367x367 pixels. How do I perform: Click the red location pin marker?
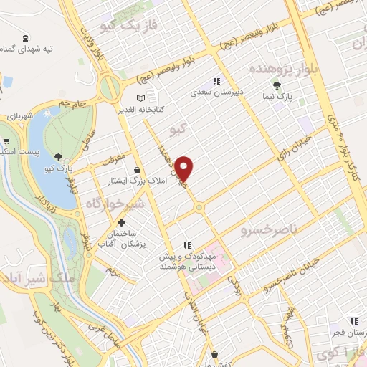[x=184, y=168]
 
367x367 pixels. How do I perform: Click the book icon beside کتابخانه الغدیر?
[x=141, y=97]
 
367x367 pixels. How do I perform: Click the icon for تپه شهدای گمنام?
[x=26, y=37]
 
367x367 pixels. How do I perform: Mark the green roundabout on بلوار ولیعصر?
[x=110, y=89]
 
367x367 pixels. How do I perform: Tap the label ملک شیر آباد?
[x=29, y=278]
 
